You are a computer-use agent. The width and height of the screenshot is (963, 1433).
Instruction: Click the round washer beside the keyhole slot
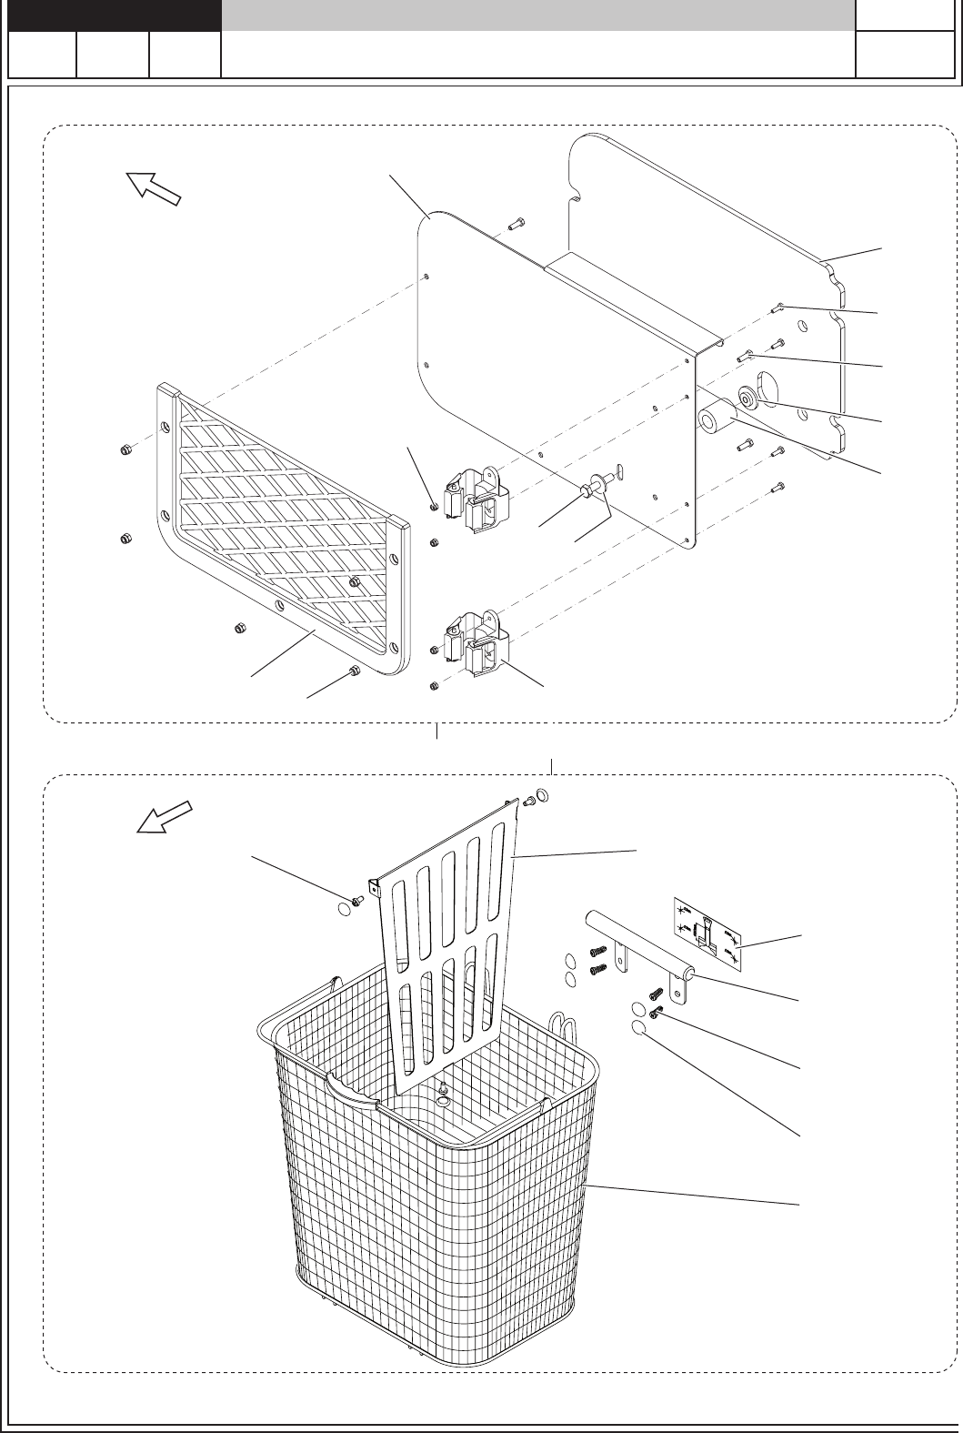coord(747,399)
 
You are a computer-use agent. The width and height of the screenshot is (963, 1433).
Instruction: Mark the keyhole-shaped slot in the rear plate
coord(767,386)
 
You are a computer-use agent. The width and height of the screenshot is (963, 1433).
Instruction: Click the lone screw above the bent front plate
coord(516,221)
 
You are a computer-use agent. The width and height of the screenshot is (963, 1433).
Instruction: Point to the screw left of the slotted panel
coord(357,900)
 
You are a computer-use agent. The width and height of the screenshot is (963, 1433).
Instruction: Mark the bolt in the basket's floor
coord(443,1097)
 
